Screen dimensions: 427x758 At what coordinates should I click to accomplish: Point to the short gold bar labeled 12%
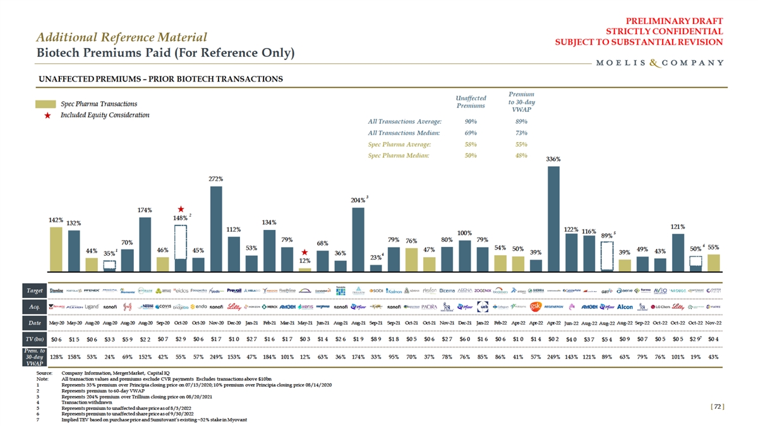point(304,268)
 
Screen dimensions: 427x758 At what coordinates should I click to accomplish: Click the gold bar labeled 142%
point(56,248)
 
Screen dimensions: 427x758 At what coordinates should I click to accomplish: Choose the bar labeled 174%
point(145,243)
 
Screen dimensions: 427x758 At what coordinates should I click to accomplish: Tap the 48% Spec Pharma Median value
point(521,155)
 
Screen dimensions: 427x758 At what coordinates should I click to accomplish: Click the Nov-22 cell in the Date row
point(714,323)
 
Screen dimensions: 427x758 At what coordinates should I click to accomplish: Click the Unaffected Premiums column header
point(471,102)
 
